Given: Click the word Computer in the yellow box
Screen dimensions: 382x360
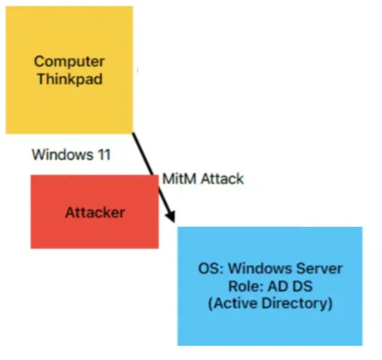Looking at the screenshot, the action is click(70, 62).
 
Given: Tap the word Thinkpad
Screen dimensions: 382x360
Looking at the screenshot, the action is click(70, 79).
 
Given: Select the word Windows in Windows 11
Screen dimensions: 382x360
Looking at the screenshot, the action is click(62, 154).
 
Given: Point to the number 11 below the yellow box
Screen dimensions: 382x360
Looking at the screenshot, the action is click(104, 154).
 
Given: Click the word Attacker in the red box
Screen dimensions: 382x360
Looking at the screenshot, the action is click(95, 212).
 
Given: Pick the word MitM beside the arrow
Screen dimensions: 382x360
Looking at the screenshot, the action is click(179, 178).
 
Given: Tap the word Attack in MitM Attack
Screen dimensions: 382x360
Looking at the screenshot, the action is click(222, 178).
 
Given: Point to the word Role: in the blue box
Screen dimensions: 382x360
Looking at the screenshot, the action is click(246, 286).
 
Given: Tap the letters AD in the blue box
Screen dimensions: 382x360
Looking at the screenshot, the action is click(277, 286).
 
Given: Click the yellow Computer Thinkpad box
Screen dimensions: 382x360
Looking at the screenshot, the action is click(70, 70).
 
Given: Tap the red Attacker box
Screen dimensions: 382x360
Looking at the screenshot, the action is click(94, 212).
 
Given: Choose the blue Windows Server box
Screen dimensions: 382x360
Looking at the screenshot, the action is click(270, 286).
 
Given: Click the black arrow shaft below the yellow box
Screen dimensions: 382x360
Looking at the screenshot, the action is click(154, 177).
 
